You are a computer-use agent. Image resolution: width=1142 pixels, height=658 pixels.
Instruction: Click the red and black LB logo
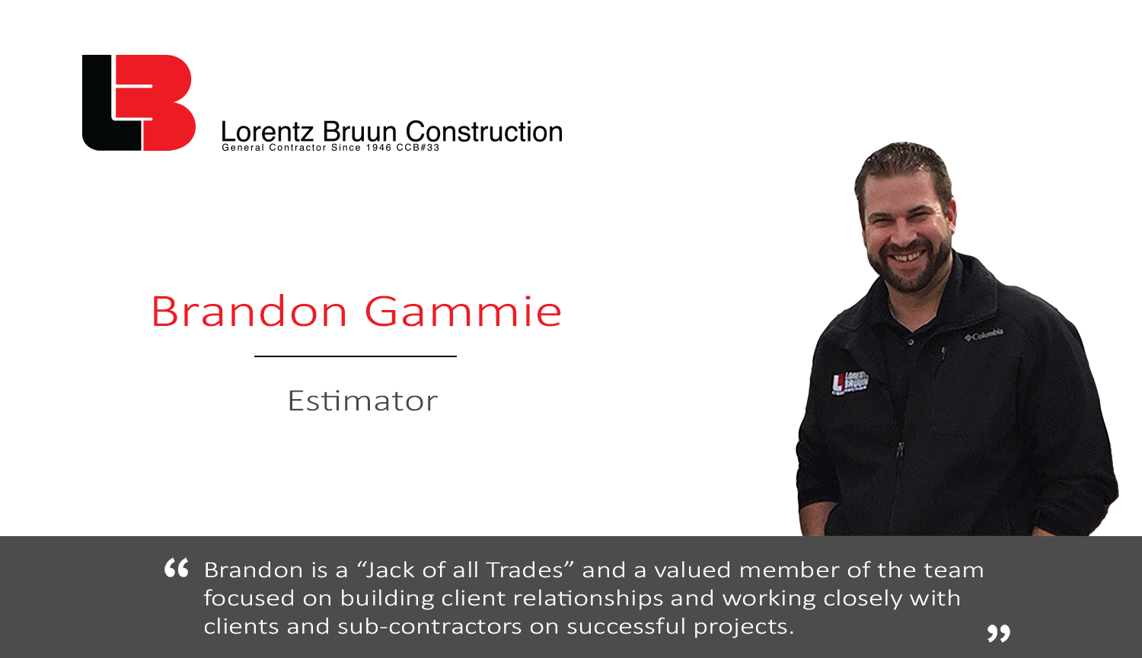point(139,103)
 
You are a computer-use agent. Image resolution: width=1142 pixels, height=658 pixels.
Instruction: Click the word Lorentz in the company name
point(267,132)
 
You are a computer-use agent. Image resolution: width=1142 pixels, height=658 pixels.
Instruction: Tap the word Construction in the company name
point(483,131)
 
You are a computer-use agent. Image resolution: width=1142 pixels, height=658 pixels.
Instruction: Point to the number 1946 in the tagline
point(378,148)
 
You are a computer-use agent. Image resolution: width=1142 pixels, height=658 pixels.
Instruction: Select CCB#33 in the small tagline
point(418,148)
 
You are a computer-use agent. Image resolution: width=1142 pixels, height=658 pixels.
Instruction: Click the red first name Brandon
point(249,311)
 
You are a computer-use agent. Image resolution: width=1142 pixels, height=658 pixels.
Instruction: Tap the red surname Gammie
point(463,311)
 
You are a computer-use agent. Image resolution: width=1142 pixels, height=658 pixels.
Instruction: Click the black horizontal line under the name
point(356,356)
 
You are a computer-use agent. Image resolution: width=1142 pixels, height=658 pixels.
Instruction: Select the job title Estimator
point(362,401)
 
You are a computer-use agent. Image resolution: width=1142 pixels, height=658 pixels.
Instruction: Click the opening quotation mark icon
point(177,567)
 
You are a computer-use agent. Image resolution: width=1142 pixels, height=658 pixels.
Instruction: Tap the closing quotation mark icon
point(998,633)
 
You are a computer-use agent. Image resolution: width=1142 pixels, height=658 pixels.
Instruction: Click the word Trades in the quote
point(525,570)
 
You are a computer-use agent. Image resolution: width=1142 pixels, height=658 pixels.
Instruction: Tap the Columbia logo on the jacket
point(984,334)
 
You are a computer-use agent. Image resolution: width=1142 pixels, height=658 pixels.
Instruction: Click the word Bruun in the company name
point(359,132)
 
